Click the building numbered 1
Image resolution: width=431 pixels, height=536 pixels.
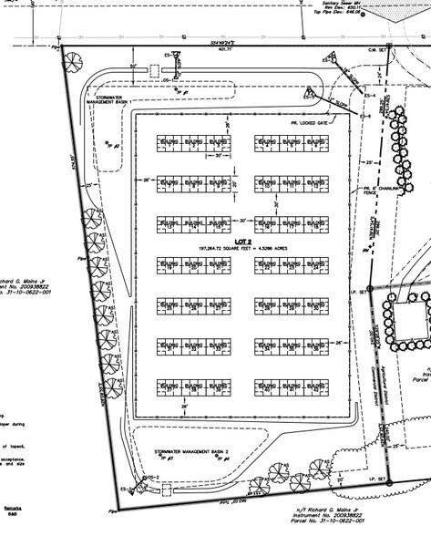(169, 145)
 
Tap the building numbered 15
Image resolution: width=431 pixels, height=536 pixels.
(216, 224)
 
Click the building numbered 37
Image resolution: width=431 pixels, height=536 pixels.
(169, 386)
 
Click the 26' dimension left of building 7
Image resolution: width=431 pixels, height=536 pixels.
(146, 180)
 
